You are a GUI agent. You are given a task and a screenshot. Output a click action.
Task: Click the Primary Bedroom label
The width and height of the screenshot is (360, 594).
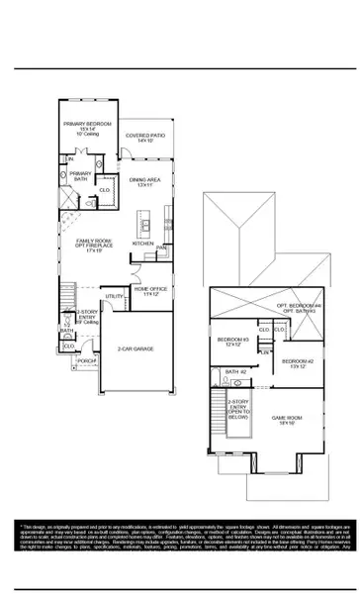pyautogui.click(x=87, y=127)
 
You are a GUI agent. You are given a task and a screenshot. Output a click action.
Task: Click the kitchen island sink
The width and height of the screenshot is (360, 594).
pyautogui.click(x=145, y=226)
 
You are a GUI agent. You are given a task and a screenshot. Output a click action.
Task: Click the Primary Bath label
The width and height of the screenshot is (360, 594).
pyautogui.click(x=80, y=175)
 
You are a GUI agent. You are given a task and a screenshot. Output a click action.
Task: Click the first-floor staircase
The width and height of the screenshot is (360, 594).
pyautogui.click(x=67, y=294)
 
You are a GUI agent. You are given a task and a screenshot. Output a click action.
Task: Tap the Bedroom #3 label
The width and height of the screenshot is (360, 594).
pyautogui.click(x=232, y=343)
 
